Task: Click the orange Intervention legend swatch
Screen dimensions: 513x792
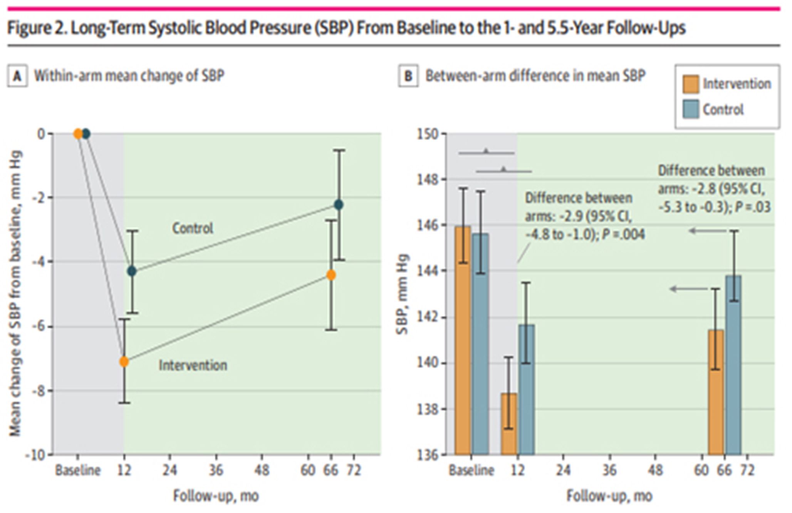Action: (690, 84)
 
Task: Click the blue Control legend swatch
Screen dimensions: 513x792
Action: (690, 110)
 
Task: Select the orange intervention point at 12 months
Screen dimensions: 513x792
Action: (124, 362)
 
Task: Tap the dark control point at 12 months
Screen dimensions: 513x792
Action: (132, 271)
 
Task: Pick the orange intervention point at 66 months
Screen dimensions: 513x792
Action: (331, 275)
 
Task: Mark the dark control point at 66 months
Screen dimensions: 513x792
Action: (339, 205)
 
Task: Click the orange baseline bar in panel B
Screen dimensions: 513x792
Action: (463, 339)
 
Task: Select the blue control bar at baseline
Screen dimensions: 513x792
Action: (480, 343)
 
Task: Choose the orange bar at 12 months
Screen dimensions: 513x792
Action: (509, 424)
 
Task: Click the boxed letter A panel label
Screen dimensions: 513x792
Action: (17, 76)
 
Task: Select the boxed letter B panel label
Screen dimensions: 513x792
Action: (408, 76)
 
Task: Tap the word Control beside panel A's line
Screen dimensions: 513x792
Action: (192, 228)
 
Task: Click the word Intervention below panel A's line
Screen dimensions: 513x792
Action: (193, 365)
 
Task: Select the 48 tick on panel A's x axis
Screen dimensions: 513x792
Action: (262, 470)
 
